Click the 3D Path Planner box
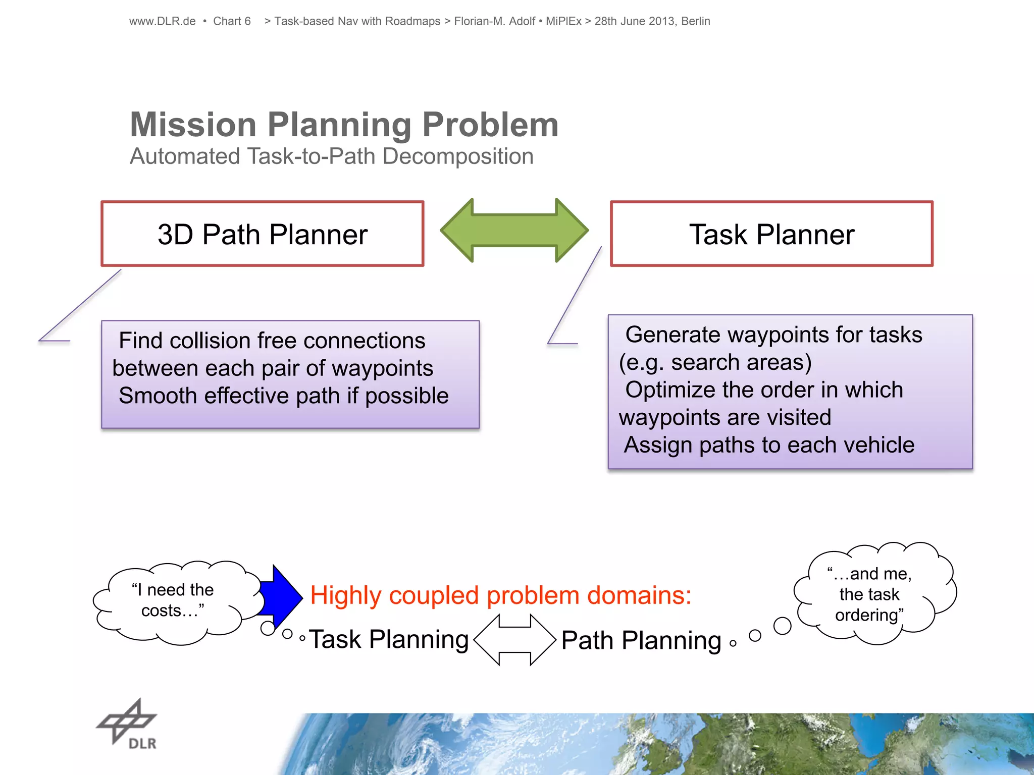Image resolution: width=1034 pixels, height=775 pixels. (262, 234)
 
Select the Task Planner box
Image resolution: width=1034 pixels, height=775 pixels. (771, 234)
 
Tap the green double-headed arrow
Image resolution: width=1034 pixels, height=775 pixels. (514, 230)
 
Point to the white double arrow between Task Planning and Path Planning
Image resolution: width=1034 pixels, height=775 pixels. (514, 640)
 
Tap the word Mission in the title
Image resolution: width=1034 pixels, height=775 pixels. (193, 125)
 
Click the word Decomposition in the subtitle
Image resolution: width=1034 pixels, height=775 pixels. (458, 156)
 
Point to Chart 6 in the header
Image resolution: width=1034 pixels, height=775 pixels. (232, 21)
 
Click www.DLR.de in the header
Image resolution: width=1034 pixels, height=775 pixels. (162, 21)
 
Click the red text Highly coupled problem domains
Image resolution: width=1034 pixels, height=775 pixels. (500, 595)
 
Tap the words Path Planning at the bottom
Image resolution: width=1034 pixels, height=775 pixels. (641, 640)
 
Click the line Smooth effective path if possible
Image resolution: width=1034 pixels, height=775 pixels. (283, 396)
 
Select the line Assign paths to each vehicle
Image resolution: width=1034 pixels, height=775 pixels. (769, 445)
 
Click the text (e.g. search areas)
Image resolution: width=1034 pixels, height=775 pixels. (715, 362)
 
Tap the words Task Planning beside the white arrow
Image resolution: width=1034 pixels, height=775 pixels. (389, 639)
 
